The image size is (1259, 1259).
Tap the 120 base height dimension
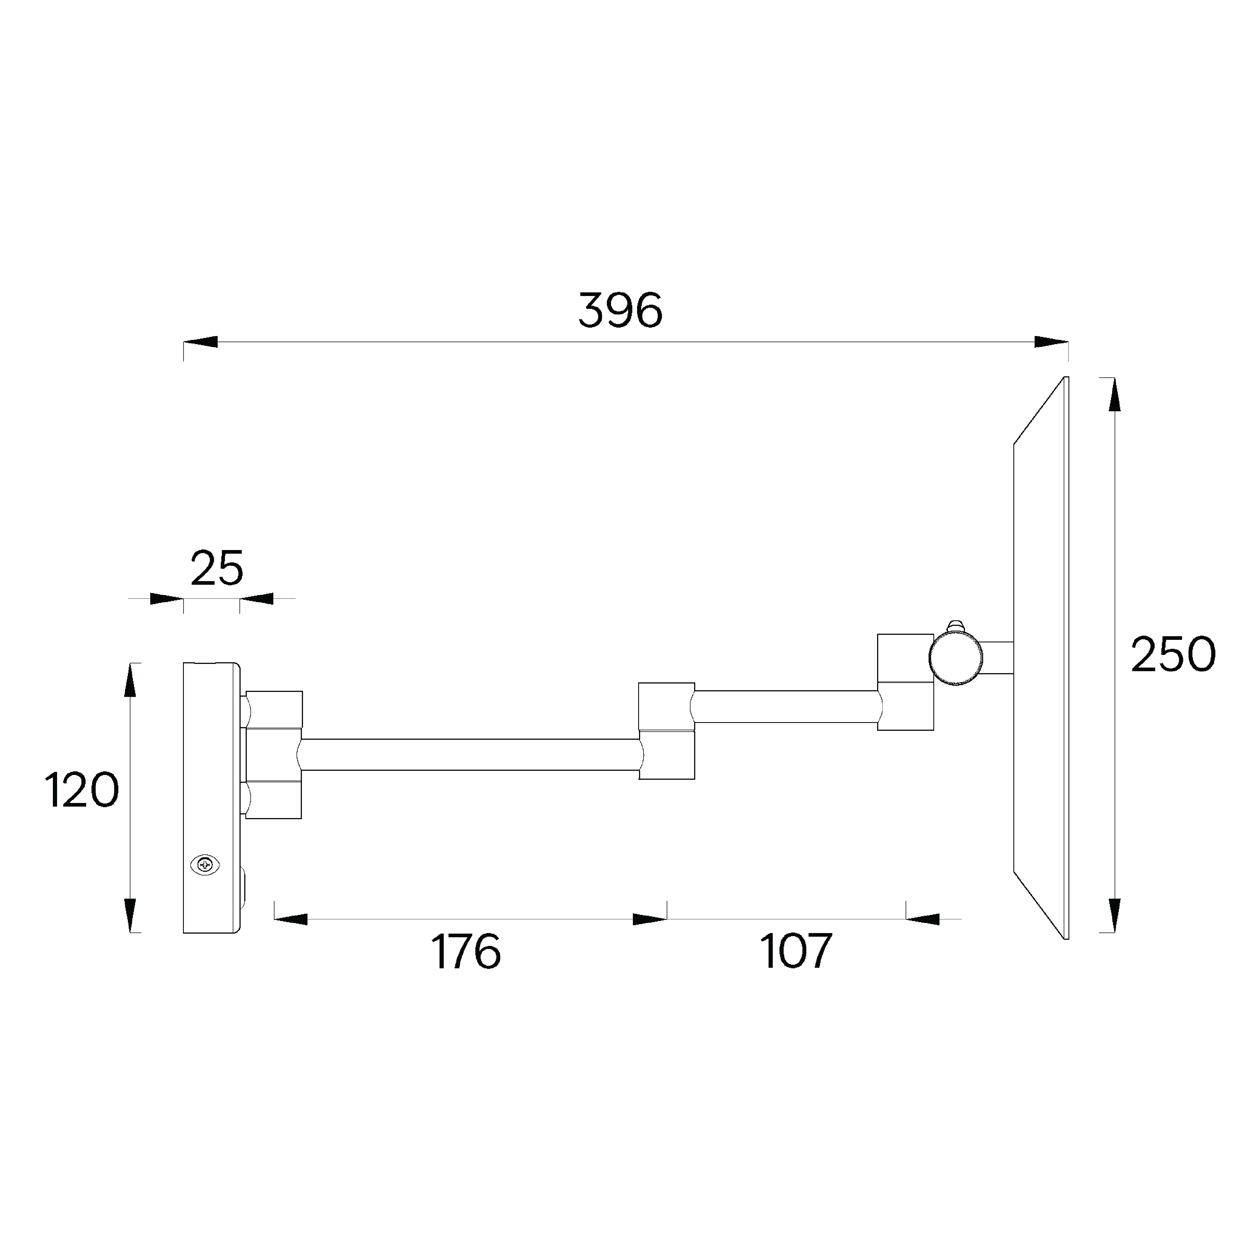coord(81,790)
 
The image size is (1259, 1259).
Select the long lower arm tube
coord(469,755)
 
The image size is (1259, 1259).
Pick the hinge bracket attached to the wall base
coord(274,755)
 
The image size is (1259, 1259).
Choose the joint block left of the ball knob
coord(905,682)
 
